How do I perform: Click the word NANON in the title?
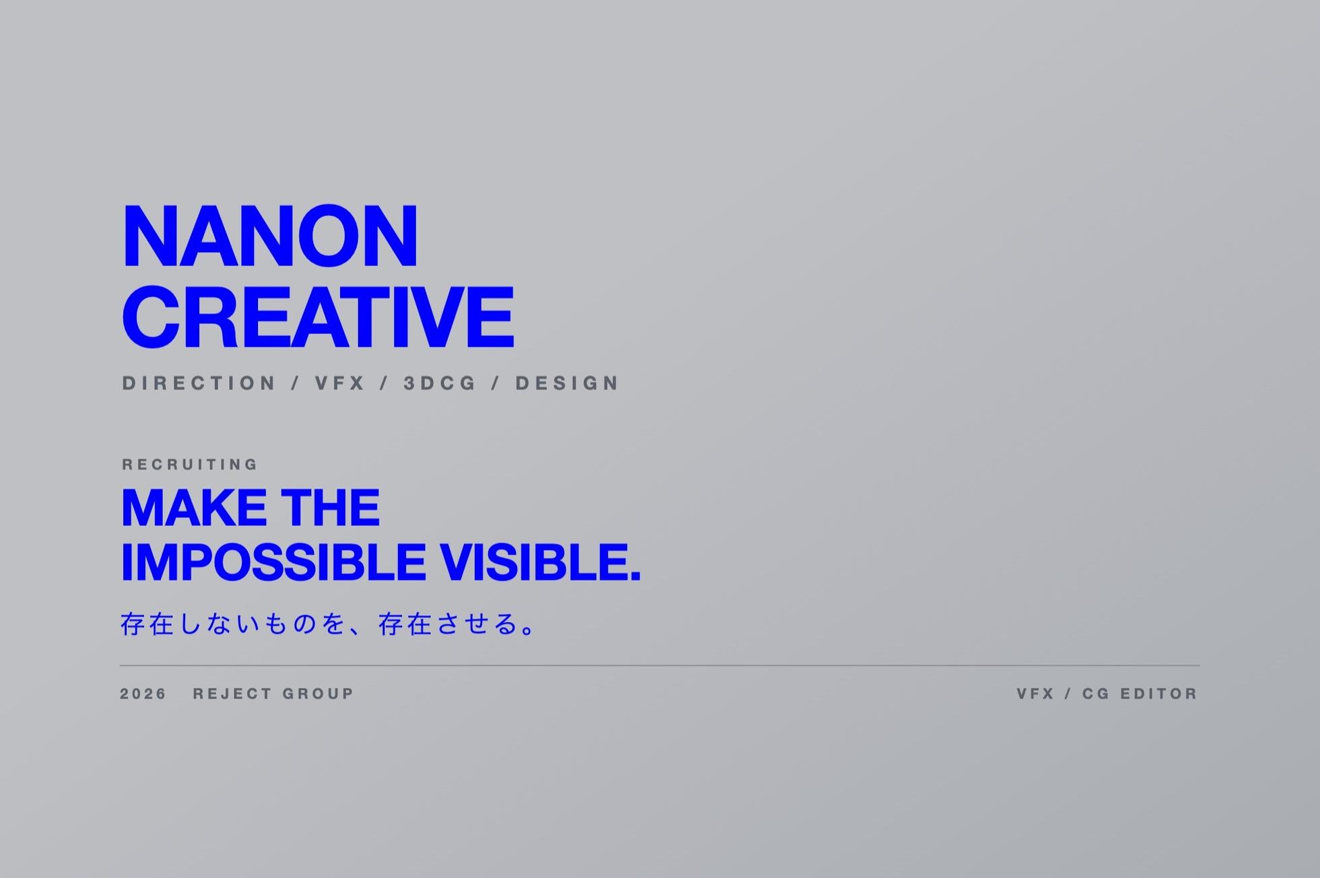(x=270, y=236)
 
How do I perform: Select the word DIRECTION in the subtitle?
(x=199, y=383)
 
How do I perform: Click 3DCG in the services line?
(x=440, y=383)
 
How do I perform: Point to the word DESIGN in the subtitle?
(x=567, y=383)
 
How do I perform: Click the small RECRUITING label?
(x=190, y=465)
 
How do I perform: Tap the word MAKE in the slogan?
(x=194, y=508)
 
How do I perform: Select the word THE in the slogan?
(x=331, y=508)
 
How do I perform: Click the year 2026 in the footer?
(x=143, y=694)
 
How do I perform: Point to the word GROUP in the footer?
(x=319, y=694)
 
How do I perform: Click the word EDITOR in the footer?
(x=1159, y=694)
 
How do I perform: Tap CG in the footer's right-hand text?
(x=1096, y=694)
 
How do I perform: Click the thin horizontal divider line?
(x=659, y=665)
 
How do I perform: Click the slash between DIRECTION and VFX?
(x=296, y=383)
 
